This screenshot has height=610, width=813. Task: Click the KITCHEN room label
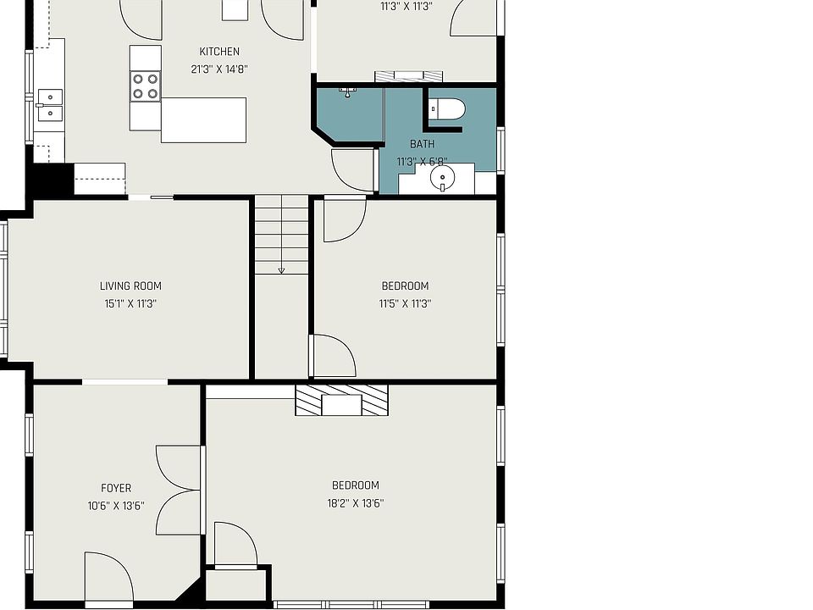(219, 52)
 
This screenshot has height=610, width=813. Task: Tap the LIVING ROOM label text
(130, 286)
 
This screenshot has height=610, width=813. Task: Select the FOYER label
(116, 488)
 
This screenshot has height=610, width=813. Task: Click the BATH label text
(422, 144)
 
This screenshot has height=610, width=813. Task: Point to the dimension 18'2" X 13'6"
(356, 503)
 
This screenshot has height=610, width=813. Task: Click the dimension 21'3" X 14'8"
(219, 69)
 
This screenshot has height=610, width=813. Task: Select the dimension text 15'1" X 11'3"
(130, 303)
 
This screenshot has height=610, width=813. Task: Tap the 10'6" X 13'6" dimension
(116, 506)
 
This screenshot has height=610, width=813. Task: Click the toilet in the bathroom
(447, 109)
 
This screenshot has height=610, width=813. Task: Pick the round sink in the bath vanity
(442, 178)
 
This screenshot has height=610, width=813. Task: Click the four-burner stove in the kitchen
(145, 86)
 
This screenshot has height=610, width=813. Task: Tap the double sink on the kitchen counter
(50, 105)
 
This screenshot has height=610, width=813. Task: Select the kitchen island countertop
(203, 119)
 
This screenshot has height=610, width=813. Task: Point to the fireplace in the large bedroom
(341, 400)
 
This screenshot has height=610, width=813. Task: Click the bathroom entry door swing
(353, 170)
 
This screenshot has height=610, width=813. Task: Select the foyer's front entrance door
(109, 579)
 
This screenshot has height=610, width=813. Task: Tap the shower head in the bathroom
(347, 93)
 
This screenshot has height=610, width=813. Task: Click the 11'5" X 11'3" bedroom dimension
(405, 303)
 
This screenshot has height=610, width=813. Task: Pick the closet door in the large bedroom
(236, 545)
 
